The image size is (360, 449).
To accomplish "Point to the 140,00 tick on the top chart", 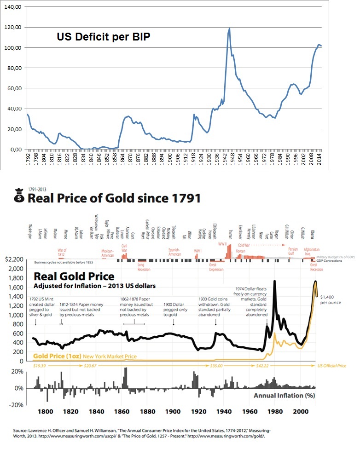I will click(14, 7).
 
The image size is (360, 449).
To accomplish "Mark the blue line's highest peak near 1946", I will click(229, 29).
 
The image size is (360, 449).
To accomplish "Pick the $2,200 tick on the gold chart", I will click(13, 259).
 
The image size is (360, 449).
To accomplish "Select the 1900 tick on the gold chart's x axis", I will click(173, 412).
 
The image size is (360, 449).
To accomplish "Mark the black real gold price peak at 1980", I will click(275, 281).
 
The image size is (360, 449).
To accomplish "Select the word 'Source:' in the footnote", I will click(21, 432).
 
